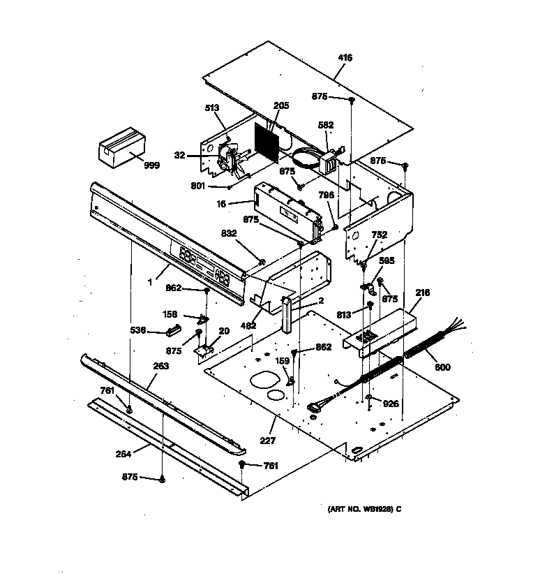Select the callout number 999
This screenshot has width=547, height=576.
tap(151, 165)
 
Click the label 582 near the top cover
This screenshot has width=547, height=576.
tap(326, 126)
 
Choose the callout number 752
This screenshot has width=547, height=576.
tap(380, 235)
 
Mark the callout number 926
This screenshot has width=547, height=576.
tap(391, 404)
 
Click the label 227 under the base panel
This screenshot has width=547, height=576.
tap(267, 441)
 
